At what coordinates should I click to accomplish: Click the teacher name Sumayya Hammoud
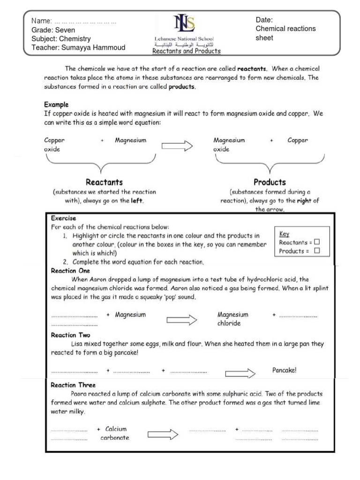[78, 47]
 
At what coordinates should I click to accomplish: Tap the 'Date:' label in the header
[264, 20]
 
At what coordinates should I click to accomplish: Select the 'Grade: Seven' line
[53, 30]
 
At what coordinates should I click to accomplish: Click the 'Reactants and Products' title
[186, 51]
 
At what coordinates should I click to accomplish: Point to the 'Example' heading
[56, 105]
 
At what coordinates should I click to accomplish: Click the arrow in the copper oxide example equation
[177, 146]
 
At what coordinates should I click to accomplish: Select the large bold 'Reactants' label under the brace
[104, 182]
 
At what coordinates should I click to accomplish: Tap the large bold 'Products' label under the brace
[270, 182]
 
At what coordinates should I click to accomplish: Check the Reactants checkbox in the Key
[317, 242]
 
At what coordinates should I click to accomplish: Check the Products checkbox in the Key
[317, 251]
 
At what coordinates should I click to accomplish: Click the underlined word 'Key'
[284, 233]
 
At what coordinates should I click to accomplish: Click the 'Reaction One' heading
[70, 271]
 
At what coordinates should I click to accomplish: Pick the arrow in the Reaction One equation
[182, 320]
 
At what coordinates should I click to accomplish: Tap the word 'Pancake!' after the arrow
[285, 370]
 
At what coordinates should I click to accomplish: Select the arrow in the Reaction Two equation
[240, 374]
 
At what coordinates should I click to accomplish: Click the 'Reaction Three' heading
[73, 385]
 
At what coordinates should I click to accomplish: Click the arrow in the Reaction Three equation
[163, 435]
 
